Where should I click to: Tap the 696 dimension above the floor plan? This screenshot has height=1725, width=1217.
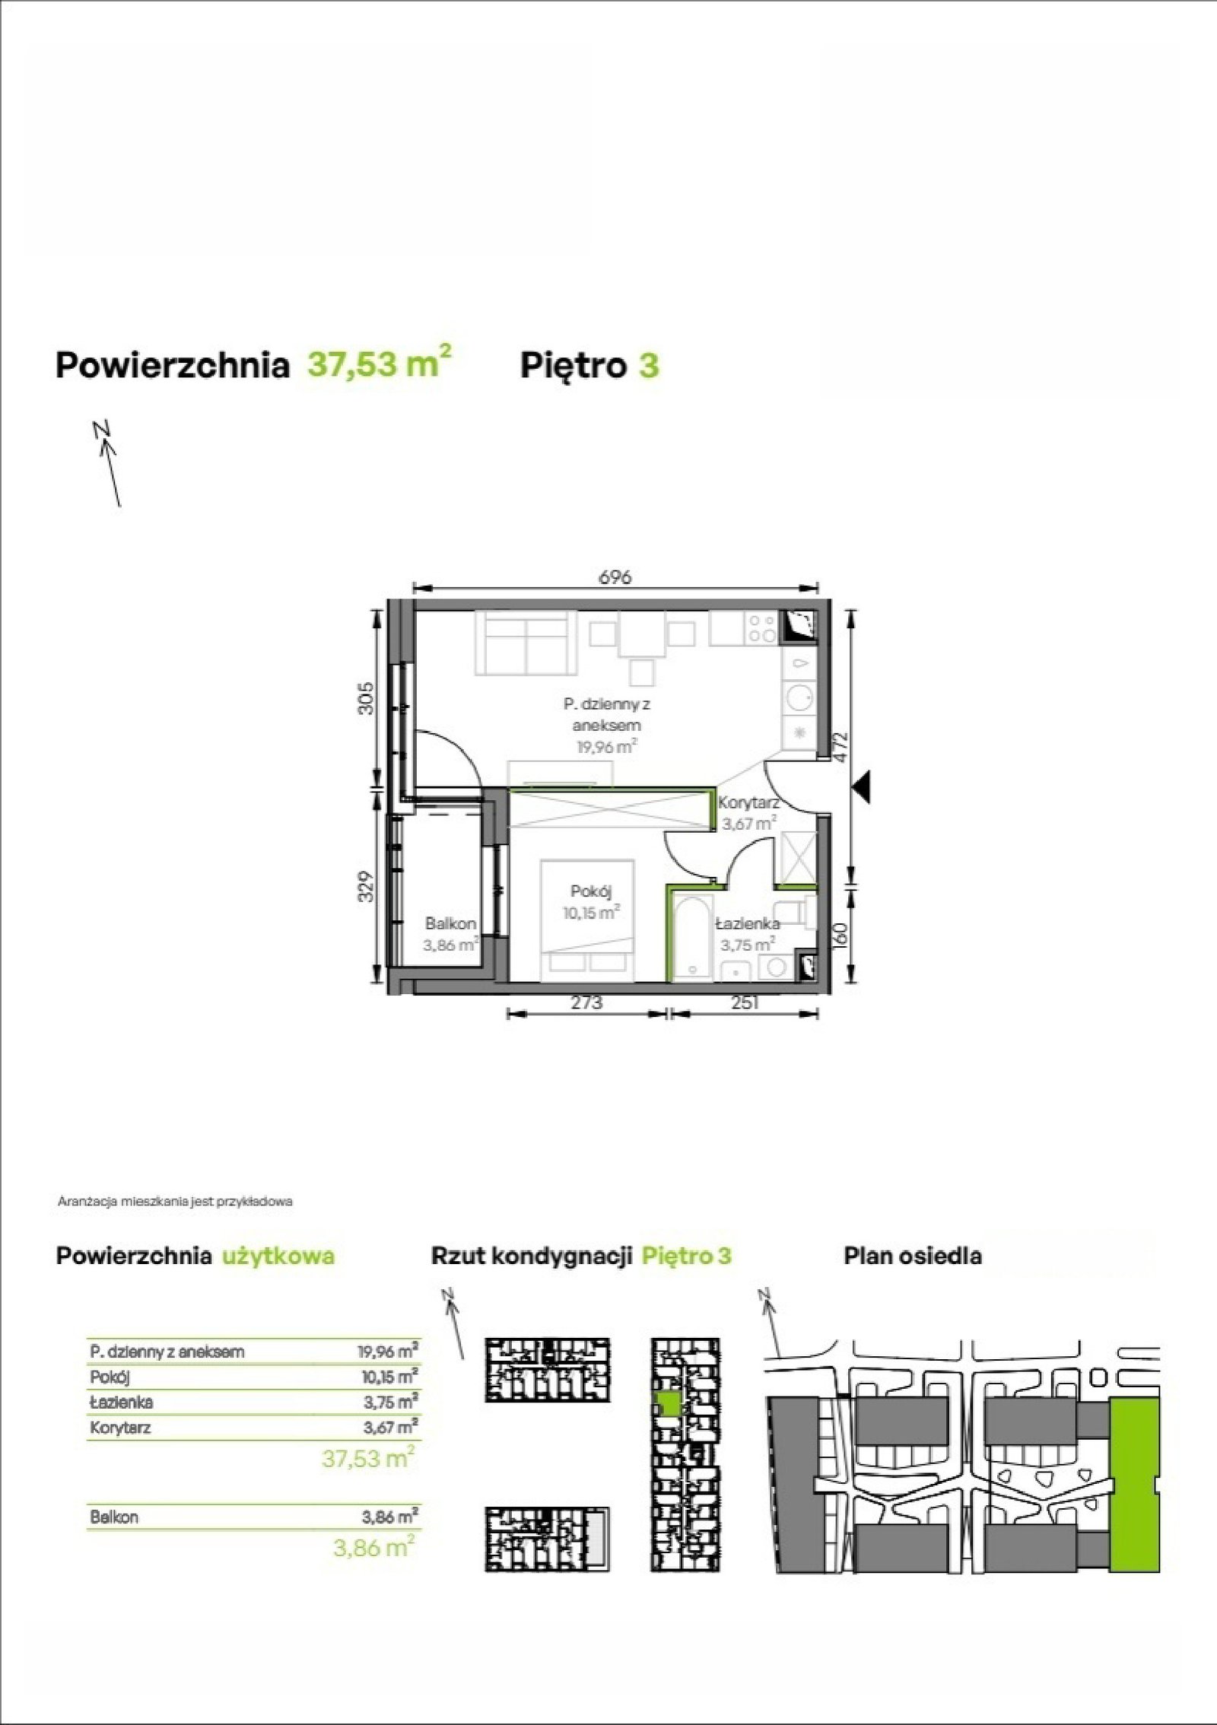click(615, 577)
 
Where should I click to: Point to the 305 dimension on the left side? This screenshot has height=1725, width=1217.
click(367, 697)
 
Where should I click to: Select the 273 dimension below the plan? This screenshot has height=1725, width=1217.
click(586, 1002)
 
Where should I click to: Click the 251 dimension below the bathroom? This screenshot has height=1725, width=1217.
click(745, 1002)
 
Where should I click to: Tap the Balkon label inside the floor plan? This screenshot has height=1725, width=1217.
click(451, 923)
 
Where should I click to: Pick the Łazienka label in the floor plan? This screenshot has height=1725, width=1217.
click(748, 924)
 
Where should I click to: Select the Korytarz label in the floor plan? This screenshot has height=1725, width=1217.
click(750, 802)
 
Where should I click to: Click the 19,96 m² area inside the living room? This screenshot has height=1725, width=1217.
click(606, 746)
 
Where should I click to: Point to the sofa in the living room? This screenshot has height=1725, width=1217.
click(525, 641)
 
